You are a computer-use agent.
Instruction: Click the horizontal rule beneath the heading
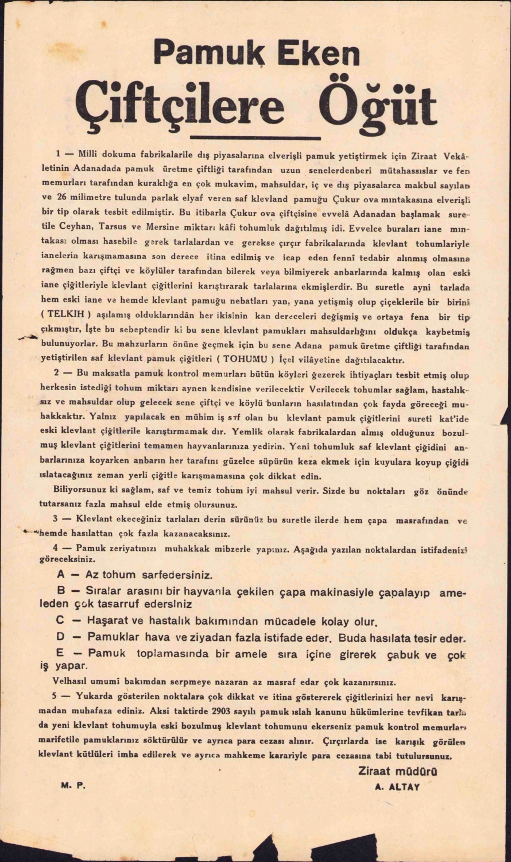click(x=255, y=137)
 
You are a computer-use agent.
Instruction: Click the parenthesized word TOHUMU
click(x=247, y=360)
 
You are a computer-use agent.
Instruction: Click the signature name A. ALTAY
click(x=397, y=787)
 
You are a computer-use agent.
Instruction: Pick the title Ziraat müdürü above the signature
click(x=397, y=771)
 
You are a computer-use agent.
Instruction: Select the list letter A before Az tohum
click(x=61, y=574)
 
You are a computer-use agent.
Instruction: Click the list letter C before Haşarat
click(x=60, y=621)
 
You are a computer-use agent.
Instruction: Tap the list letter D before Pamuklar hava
click(x=60, y=637)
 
